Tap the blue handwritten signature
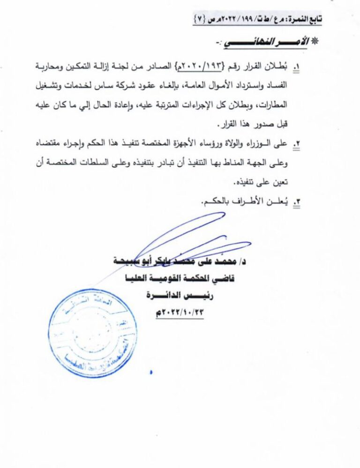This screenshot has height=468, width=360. coord(187,239)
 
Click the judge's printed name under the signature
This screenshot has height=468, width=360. coord(183,260)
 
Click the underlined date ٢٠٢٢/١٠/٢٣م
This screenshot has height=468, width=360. coord(180,312)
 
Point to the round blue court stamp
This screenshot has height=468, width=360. coord(93,332)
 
